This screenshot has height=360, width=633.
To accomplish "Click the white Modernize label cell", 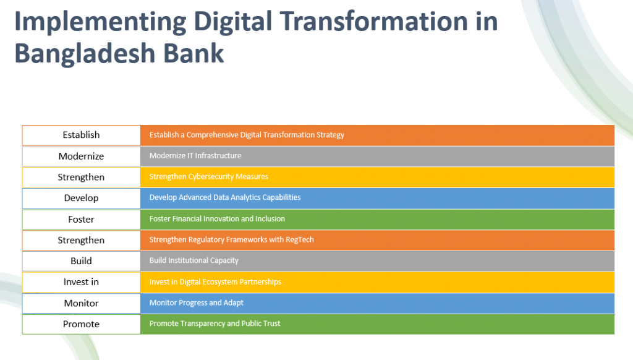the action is pos(81,156).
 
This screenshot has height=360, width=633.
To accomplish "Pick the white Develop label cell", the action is pos(81,199).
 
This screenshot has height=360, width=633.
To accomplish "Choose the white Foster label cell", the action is pos(81,220).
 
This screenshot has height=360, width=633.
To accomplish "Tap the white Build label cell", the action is pos(81,261).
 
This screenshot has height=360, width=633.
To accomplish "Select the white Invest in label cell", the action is pos(81,282).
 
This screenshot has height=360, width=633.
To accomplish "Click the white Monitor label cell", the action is pos(81,303).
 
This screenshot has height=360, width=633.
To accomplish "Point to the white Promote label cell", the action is pos(81,324).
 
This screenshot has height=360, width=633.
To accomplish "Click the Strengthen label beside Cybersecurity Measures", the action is pos(81,178).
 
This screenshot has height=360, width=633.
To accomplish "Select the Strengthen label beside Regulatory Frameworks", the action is pos(81,241).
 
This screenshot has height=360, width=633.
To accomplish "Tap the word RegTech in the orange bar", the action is pos(300,239).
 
